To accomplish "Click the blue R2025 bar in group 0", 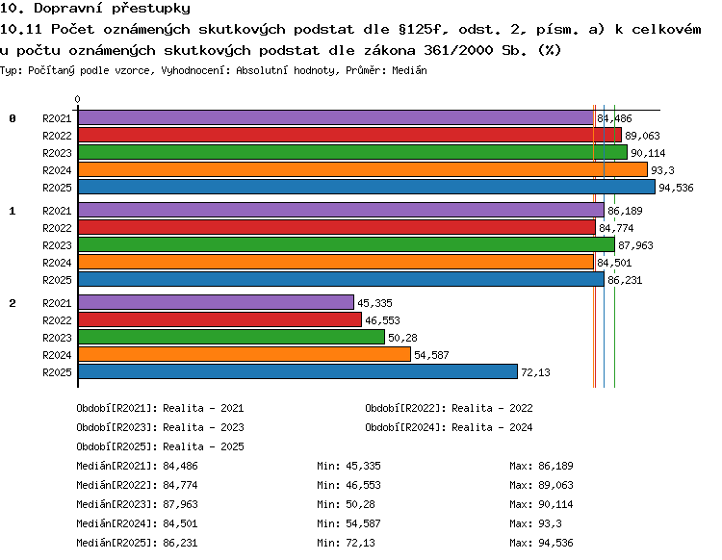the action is click(x=367, y=187).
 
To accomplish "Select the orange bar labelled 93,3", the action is click(x=363, y=169).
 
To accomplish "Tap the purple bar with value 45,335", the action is click(x=216, y=302).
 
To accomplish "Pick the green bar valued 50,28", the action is click(x=231, y=337).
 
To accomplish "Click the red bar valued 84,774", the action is click(x=337, y=227).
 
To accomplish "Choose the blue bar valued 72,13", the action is click(x=297, y=371).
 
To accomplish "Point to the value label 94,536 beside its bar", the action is click(x=676, y=188).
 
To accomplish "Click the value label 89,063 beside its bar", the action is click(x=642, y=136).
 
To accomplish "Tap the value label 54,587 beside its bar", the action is click(x=431, y=355).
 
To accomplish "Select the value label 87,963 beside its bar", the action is click(x=635, y=245).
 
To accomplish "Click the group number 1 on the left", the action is click(x=13, y=211).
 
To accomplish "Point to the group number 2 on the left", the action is click(x=13, y=303).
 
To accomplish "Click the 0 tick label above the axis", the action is click(x=77, y=99).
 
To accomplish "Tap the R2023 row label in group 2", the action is click(x=57, y=338).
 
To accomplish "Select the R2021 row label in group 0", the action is click(x=57, y=118).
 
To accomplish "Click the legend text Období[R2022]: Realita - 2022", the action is click(x=449, y=408).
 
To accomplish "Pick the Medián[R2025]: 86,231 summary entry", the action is click(x=138, y=543).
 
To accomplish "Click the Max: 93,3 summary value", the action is click(x=535, y=523).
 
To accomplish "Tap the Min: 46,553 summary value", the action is click(x=349, y=485).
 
